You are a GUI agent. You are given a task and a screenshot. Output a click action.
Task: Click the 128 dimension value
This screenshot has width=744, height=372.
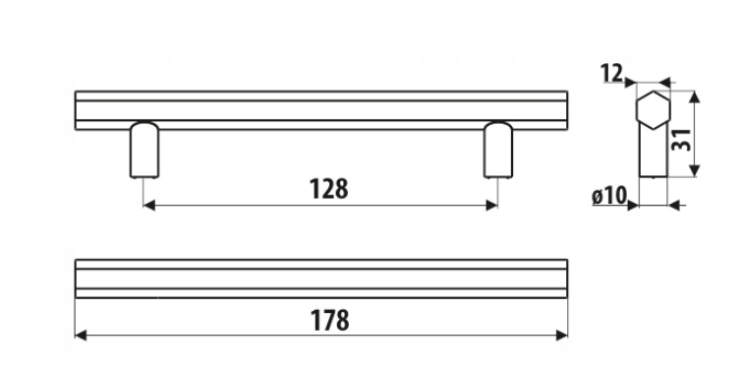pos(329,189)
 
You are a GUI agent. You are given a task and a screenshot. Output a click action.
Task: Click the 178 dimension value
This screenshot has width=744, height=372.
pos(330,320)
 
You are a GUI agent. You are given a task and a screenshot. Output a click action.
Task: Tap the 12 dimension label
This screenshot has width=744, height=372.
pos(611,73)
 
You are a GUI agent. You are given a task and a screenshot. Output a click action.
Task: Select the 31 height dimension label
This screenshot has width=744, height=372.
pos(681,140)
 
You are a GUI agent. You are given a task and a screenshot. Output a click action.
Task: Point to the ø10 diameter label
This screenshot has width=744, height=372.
pos(609,196)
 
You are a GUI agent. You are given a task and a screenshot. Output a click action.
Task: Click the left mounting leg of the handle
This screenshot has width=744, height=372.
pos(144,151)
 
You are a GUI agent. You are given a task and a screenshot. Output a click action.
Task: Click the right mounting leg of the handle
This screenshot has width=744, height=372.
pos(497,151)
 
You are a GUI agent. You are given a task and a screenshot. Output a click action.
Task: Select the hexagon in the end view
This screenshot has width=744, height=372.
pos(653,110)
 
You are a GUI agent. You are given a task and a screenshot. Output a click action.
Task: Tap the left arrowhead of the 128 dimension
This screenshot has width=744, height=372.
pos(149,206)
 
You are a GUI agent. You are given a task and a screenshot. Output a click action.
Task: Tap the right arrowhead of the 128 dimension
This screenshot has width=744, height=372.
pos(491,206)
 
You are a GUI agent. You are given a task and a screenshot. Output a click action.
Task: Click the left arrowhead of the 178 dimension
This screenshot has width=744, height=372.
pos(81,336)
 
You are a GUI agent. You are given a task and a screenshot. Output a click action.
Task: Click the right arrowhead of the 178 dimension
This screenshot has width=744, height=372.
pos(562,336)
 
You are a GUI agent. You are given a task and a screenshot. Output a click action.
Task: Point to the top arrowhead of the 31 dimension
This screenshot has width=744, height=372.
pos(694,96)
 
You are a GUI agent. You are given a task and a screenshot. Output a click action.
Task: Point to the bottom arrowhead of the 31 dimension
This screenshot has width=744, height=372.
pos(694,170)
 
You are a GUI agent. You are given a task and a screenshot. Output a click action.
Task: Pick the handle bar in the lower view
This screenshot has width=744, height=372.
pos(321,279)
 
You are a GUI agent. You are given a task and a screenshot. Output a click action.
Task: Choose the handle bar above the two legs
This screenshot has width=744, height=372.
pos(321,110)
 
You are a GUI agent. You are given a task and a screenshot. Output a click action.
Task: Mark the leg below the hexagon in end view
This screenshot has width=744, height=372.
pos(654,152)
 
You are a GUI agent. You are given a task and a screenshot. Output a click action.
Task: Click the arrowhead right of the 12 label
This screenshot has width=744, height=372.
pos(630,83)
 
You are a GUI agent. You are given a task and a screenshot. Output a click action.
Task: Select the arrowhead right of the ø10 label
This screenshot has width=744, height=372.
pos(633,206)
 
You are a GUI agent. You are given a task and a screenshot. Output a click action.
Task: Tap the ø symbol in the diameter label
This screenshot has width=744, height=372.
pos(598,196)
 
